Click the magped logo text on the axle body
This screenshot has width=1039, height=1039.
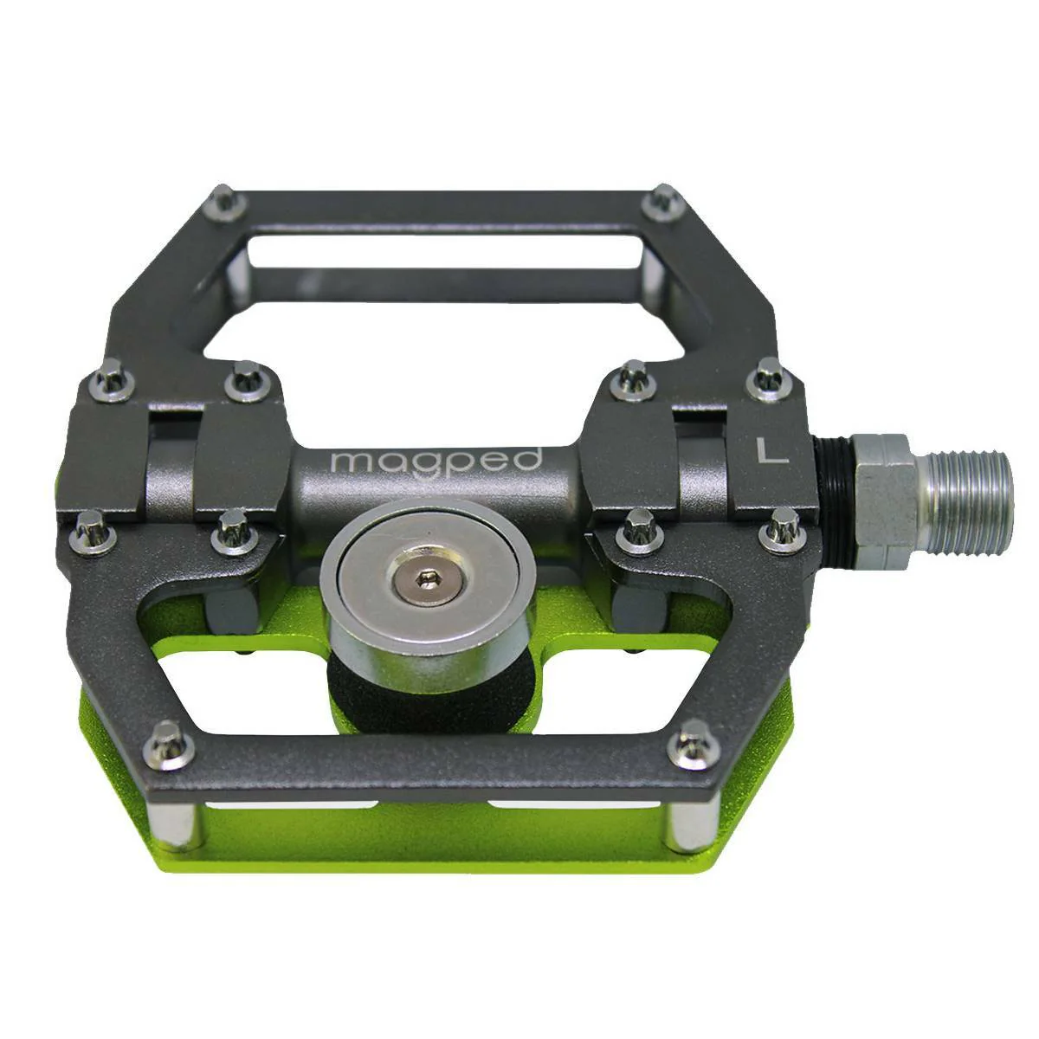[x=436, y=462]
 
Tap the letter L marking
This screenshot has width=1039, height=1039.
[x=772, y=451]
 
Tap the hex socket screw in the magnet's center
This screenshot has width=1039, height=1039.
[x=423, y=581]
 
